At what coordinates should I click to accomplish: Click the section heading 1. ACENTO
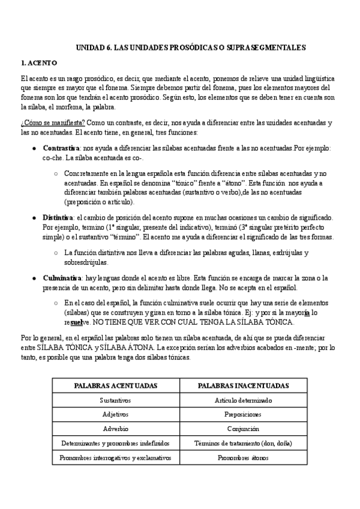click(39, 62)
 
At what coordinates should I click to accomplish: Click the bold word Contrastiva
click(62, 148)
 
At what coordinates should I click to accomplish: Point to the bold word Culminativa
click(62, 278)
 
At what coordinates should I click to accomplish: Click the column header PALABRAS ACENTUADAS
click(115, 385)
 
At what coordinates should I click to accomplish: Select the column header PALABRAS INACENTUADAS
click(243, 385)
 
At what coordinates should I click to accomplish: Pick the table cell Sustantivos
click(115, 400)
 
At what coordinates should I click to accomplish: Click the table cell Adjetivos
click(115, 414)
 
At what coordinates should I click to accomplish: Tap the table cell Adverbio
click(115, 429)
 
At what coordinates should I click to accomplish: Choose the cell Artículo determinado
click(243, 400)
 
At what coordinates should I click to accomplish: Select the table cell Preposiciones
click(243, 414)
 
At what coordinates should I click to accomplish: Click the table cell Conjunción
click(243, 429)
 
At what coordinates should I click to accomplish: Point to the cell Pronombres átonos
click(243, 457)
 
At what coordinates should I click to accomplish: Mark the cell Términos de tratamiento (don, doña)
click(243, 443)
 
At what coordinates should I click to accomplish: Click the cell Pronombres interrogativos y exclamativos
click(115, 457)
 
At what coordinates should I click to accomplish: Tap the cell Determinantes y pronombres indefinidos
click(115, 443)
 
